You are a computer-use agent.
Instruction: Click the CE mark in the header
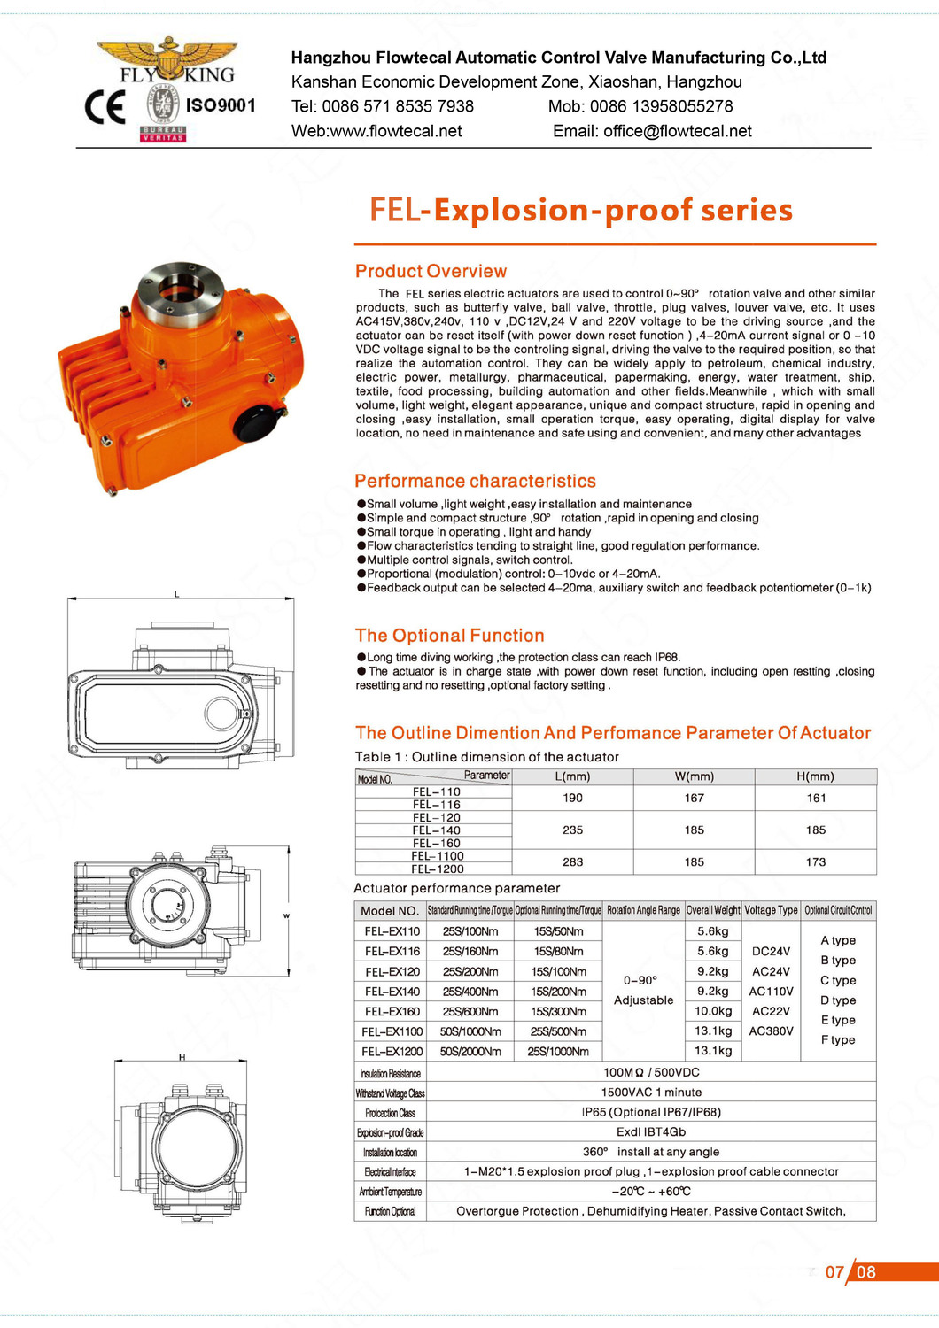pyautogui.click(x=105, y=107)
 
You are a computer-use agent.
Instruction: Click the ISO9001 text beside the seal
pyautogui.click(x=221, y=105)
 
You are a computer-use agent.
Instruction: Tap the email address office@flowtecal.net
pyautogui.click(x=678, y=131)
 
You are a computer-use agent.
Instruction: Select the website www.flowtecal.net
pyautogui.click(x=396, y=131)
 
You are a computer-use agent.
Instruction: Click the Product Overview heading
pyautogui.click(x=431, y=271)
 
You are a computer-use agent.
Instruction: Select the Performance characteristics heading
pyautogui.click(x=475, y=481)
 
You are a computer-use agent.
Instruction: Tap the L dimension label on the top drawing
pyautogui.click(x=176, y=593)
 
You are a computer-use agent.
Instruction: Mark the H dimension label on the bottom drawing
pyautogui.click(x=182, y=1057)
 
